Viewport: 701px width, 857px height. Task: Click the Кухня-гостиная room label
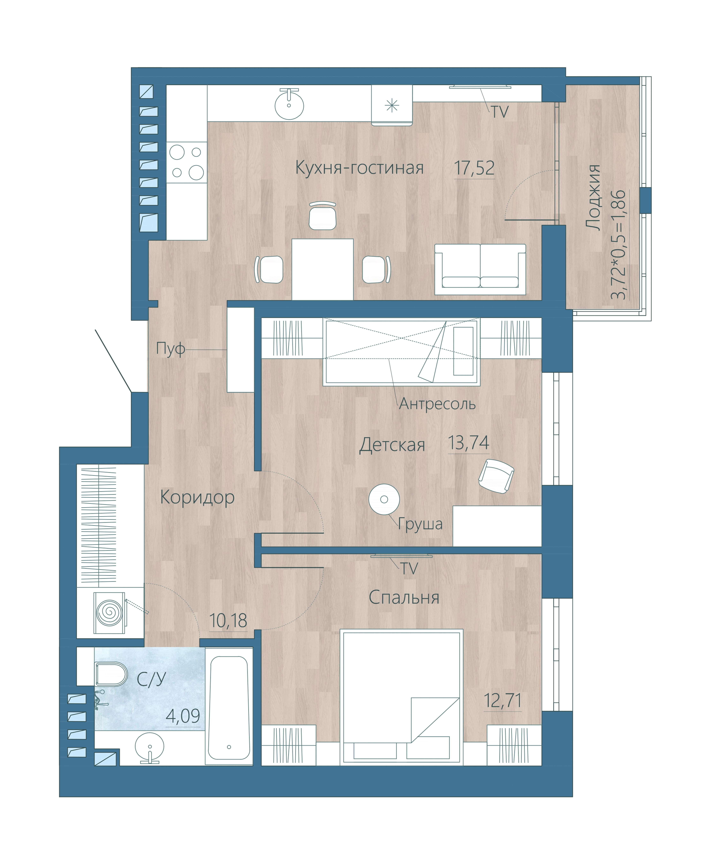(x=359, y=168)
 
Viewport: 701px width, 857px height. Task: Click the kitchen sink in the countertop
(x=289, y=104)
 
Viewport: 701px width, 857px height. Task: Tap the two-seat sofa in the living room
(x=480, y=269)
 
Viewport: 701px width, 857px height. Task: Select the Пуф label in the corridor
(x=170, y=349)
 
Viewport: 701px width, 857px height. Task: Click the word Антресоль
(x=437, y=404)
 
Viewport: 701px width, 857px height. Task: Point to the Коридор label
(x=197, y=498)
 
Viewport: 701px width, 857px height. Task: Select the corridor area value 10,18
(x=228, y=621)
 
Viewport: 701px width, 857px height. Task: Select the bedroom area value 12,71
(x=502, y=701)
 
